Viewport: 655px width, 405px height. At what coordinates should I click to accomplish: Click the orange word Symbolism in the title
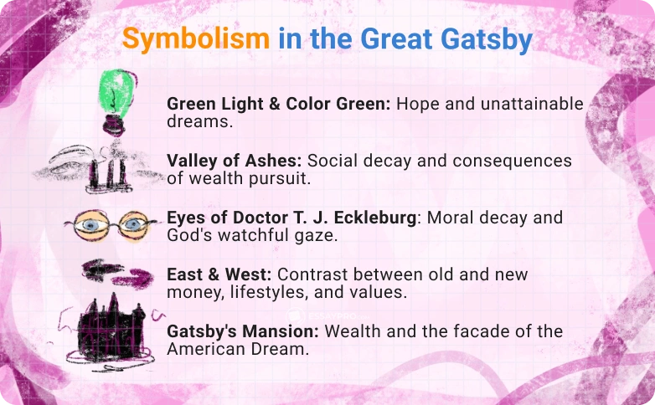(196, 38)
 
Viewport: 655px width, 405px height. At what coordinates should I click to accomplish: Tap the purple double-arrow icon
(114, 273)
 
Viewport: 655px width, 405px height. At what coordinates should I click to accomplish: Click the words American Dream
(238, 349)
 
